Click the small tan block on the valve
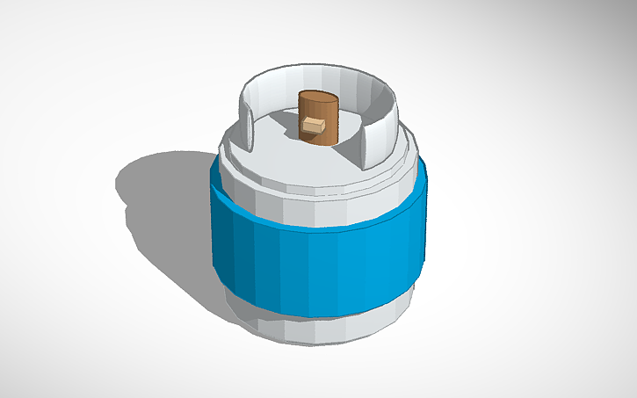313,127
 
